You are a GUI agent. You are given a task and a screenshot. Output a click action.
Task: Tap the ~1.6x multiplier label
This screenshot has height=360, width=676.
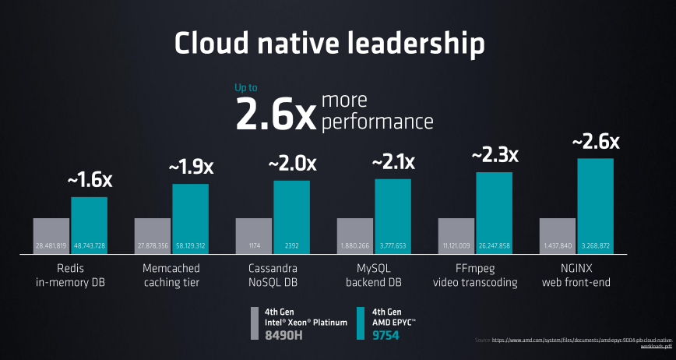[x=90, y=180]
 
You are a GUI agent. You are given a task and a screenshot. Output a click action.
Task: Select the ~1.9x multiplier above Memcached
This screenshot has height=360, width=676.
[x=190, y=167]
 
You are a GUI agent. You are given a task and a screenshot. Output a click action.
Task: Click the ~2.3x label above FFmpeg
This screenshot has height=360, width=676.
[x=494, y=155]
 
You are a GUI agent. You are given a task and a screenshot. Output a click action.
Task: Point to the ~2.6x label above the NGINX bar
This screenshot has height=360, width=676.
[x=595, y=142]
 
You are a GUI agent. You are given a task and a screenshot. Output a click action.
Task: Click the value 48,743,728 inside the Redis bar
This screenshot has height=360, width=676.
[x=90, y=246]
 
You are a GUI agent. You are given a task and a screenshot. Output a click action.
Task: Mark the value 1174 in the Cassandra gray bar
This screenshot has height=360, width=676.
[x=254, y=246]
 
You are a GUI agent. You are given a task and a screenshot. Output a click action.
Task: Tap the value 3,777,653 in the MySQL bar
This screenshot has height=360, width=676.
[x=393, y=246]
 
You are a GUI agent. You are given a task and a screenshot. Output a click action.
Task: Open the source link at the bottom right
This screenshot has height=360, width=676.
[x=573, y=344]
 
